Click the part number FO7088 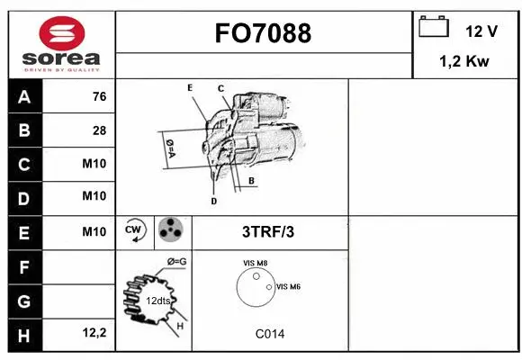263,33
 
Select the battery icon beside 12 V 434,28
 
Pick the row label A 24,96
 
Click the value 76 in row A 99,96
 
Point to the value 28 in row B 99,130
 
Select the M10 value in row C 94,164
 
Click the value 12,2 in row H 94,333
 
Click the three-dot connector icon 169,231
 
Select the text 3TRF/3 268,231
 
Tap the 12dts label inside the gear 158,301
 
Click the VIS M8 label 255,263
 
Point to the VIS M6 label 288,286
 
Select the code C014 269,334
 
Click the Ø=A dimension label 168,147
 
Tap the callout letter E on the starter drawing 190,87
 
